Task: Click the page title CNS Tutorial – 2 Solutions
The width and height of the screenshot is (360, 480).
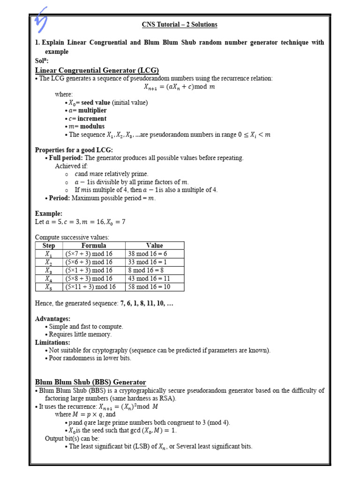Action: tap(180, 24)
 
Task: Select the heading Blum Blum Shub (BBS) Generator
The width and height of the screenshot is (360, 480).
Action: tap(90, 382)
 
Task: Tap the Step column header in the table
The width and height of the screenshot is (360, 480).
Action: tap(49, 246)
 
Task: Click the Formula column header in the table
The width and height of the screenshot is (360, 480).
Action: tap(94, 246)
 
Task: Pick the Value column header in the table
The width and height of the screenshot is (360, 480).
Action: tap(154, 246)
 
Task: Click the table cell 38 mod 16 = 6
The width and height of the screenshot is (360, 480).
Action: tap(147, 254)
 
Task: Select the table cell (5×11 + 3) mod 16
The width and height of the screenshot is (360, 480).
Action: tap(90, 286)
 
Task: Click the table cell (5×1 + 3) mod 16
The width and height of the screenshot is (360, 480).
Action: tap(89, 270)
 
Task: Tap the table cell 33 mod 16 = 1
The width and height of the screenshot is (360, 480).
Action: tap(147, 262)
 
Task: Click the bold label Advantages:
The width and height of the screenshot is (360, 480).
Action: tap(53, 319)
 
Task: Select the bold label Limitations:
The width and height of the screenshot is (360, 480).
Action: tap(52, 342)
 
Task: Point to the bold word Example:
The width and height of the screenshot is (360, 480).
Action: tap(49, 213)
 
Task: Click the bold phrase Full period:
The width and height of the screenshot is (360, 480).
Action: tap(66, 158)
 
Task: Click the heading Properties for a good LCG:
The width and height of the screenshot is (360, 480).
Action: tap(74, 150)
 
